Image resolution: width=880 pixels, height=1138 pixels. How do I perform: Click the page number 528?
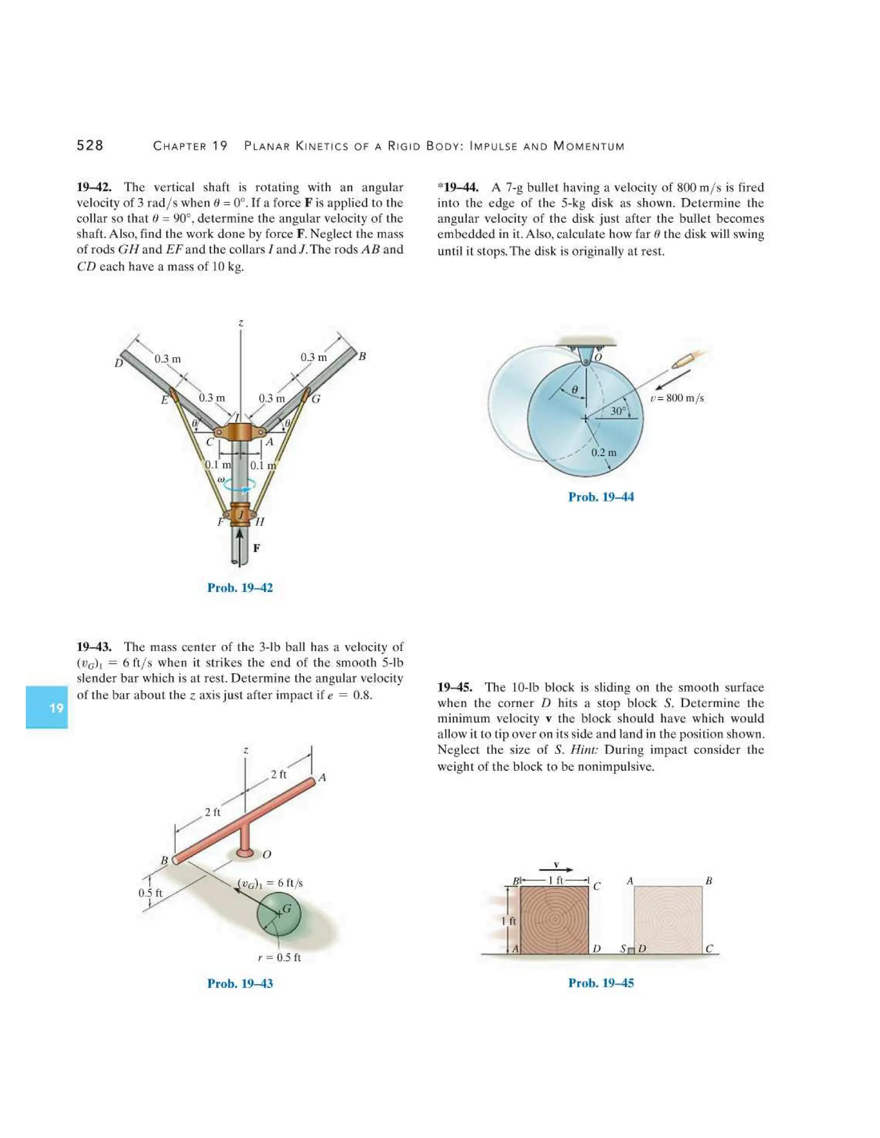(x=90, y=146)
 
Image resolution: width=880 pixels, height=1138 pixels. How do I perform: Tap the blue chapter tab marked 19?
(x=47, y=707)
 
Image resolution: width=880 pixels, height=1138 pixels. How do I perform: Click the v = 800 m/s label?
(x=677, y=398)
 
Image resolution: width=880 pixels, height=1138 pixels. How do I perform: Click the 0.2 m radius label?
(x=603, y=452)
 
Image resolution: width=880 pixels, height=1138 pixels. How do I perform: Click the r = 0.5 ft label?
(x=279, y=957)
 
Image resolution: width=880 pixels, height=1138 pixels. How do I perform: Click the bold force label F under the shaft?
(x=256, y=548)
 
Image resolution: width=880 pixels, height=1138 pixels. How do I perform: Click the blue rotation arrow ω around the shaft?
(x=239, y=484)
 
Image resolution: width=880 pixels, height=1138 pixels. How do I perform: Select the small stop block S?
(x=631, y=950)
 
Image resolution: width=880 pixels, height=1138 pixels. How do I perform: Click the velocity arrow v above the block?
(x=556, y=869)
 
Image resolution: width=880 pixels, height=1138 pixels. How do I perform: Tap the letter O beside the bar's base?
(x=266, y=855)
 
